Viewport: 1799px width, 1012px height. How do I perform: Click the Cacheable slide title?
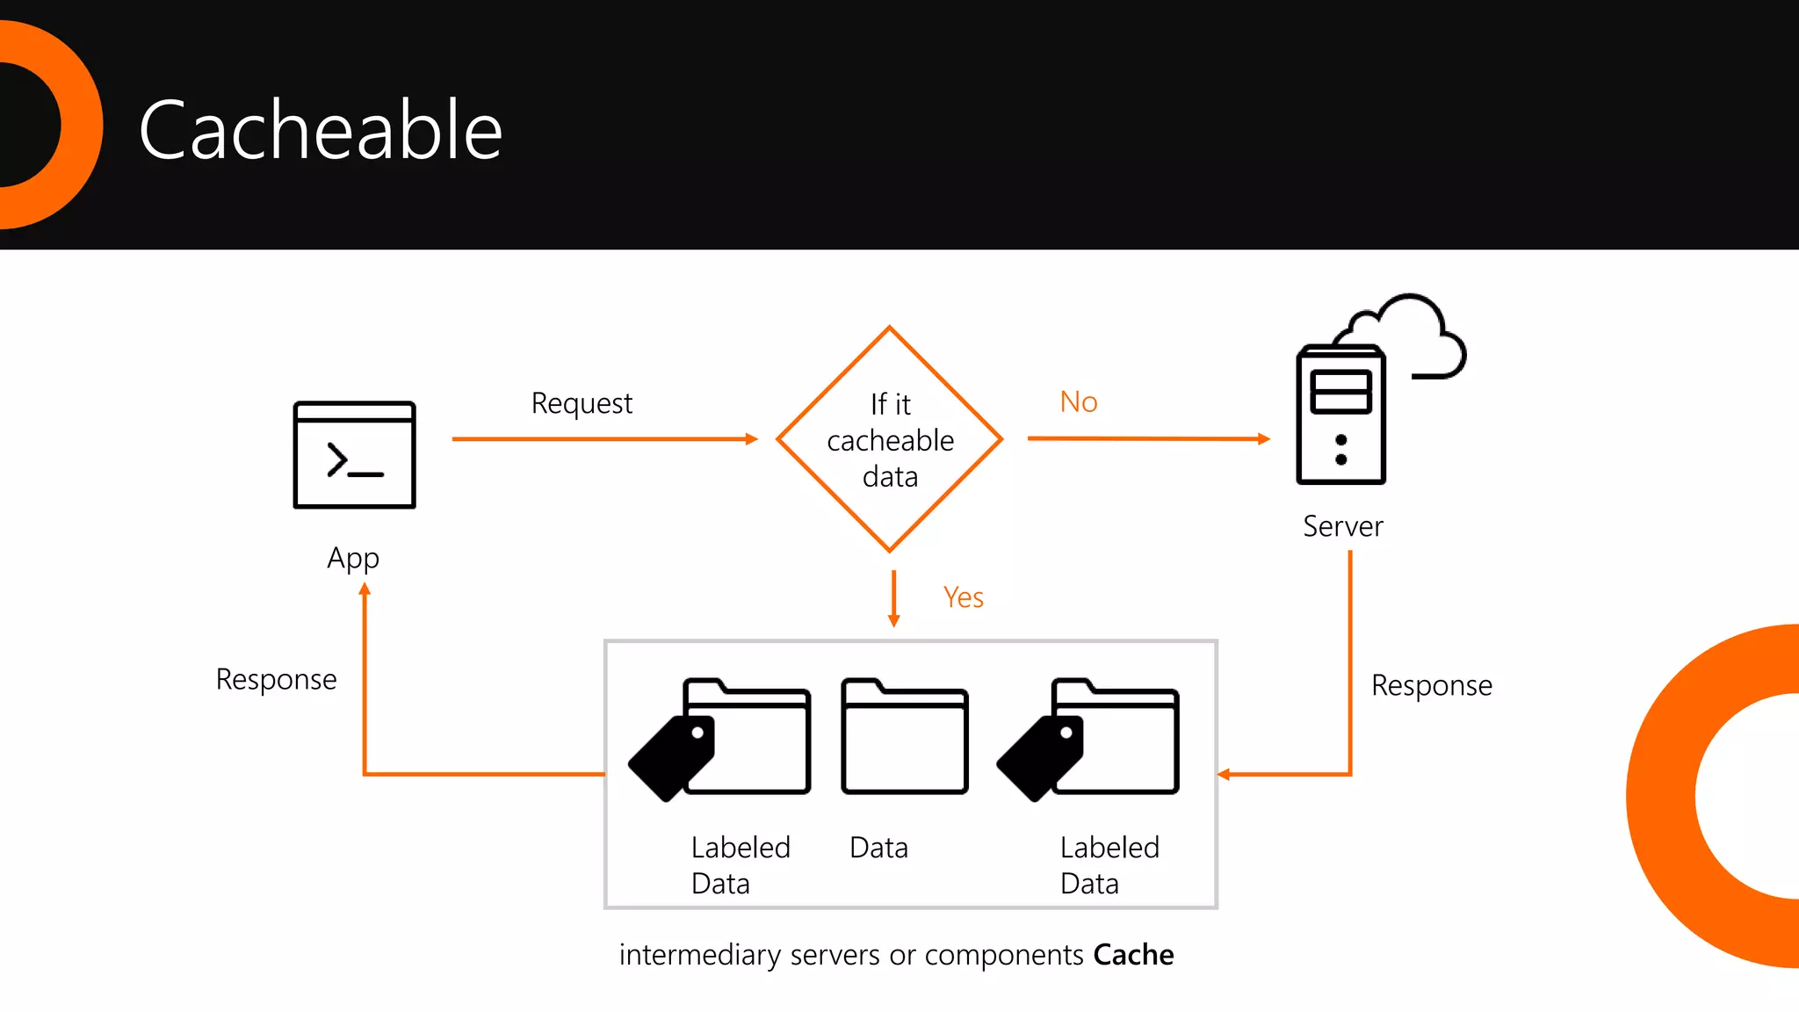point(321,130)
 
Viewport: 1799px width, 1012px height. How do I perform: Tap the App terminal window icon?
point(354,455)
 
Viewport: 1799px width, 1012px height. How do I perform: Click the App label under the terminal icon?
point(353,558)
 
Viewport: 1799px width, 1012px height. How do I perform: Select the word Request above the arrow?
point(582,403)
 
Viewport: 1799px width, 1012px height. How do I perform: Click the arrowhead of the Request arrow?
point(751,438)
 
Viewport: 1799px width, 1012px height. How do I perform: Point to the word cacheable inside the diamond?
point(890,440)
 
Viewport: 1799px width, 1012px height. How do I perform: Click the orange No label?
point(1079,401)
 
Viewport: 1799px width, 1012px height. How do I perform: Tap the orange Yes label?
point(963,597)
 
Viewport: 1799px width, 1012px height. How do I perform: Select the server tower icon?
point(1340,416)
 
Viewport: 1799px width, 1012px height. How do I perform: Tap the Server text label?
point(1342,526)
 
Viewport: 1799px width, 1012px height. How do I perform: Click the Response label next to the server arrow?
point(1431,685)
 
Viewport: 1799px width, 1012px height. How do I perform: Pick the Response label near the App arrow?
point(276,679)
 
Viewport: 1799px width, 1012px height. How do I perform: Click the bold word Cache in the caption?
point(1133,954)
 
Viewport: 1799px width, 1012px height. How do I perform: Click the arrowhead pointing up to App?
point(365,589)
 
